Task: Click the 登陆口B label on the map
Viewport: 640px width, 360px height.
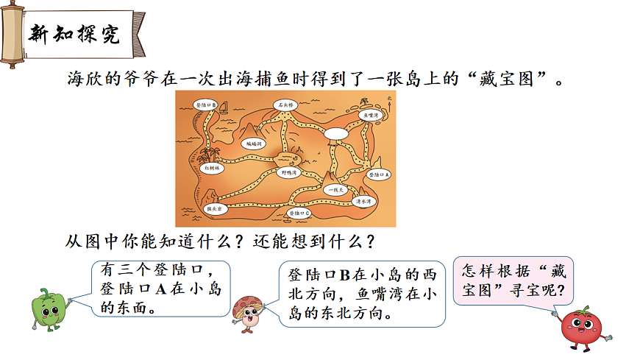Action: (205, 106)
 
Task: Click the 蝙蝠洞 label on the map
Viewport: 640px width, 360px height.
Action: (255, 144)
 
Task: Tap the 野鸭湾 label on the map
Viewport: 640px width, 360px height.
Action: (289, 172)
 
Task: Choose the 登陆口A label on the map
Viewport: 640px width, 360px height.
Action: (379, 175)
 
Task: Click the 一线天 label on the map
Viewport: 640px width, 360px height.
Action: (335, 190)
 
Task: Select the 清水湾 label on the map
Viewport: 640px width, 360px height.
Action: (362, 200)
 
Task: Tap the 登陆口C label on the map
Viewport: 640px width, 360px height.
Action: (298, 213)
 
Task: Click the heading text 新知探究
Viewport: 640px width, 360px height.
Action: (73, 35)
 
